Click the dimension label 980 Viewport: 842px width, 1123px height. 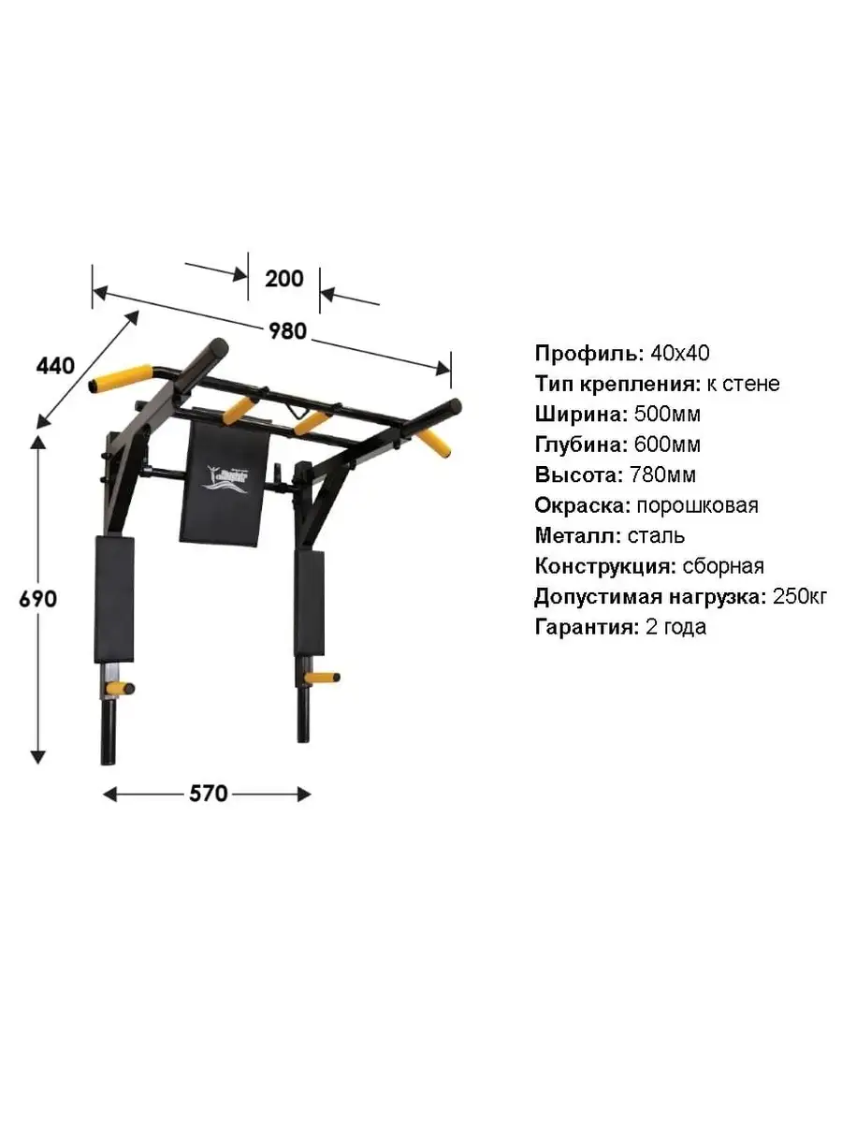288,331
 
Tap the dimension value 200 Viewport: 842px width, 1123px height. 284,279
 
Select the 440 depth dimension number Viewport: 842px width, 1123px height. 55,366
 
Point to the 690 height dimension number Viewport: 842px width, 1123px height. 37,599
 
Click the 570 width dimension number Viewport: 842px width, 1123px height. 209,794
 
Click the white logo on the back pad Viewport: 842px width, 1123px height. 227,479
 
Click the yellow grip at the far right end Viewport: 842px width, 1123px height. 434,443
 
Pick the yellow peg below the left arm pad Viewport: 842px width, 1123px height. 120,687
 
